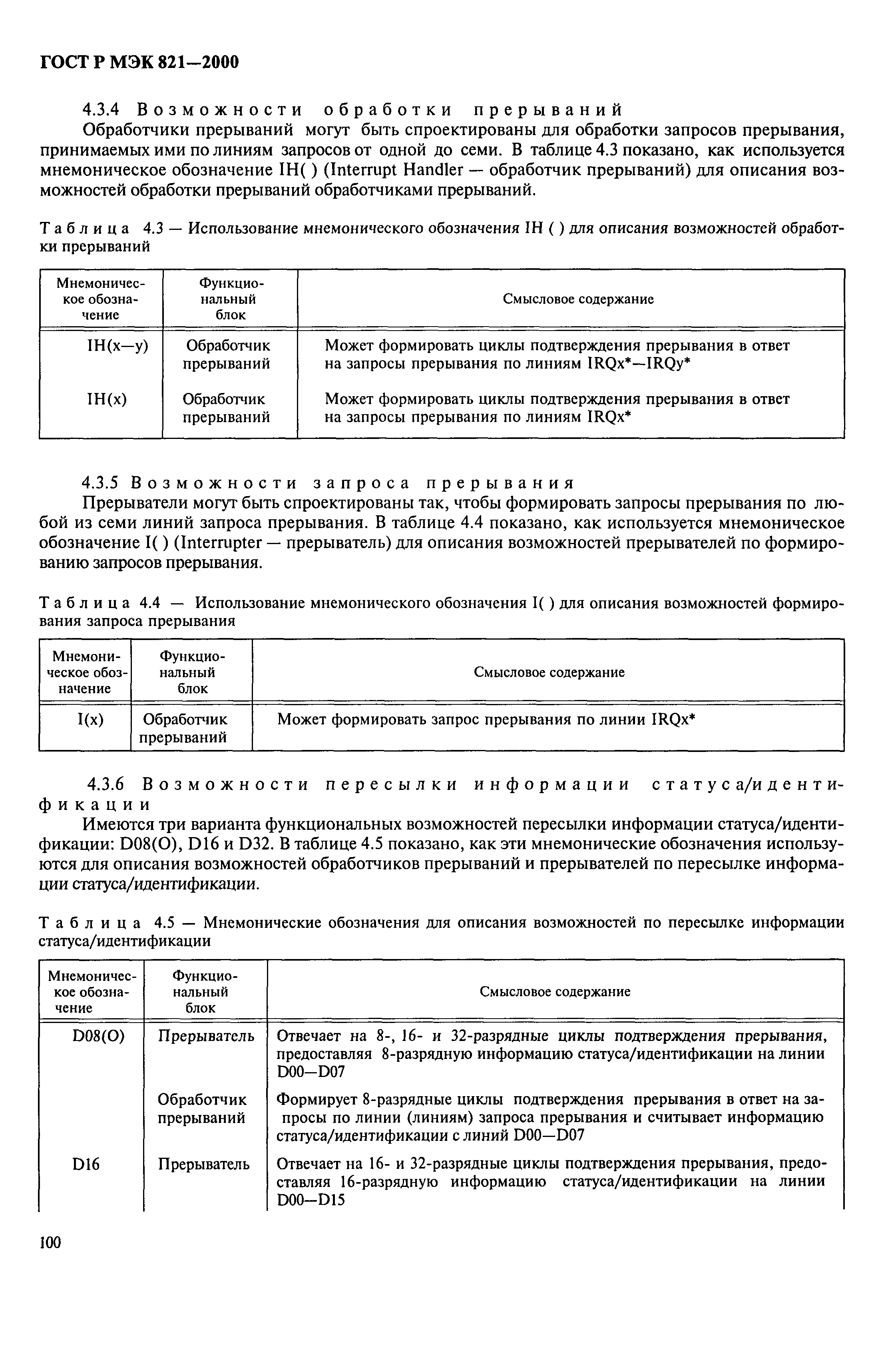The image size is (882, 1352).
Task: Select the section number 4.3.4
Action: coord(102,109)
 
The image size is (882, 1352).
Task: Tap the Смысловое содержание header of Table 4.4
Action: coord(549,672)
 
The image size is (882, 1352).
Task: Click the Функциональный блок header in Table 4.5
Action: coord(205,992)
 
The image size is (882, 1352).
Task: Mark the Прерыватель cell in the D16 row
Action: coord(203,1164)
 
